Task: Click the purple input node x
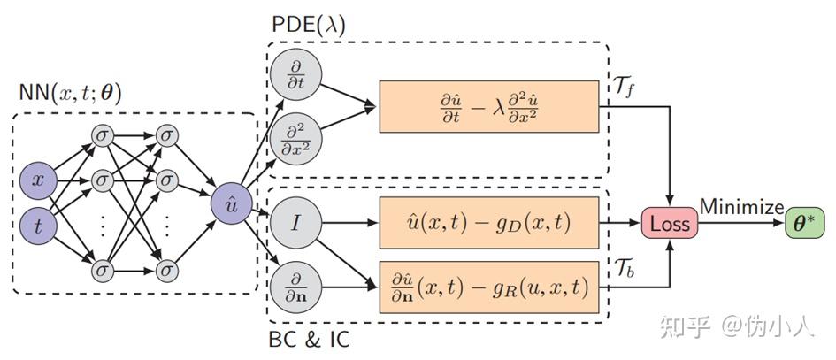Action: [38, 181]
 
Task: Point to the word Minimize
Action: [741, 207]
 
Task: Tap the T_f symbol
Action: [626, 87]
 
